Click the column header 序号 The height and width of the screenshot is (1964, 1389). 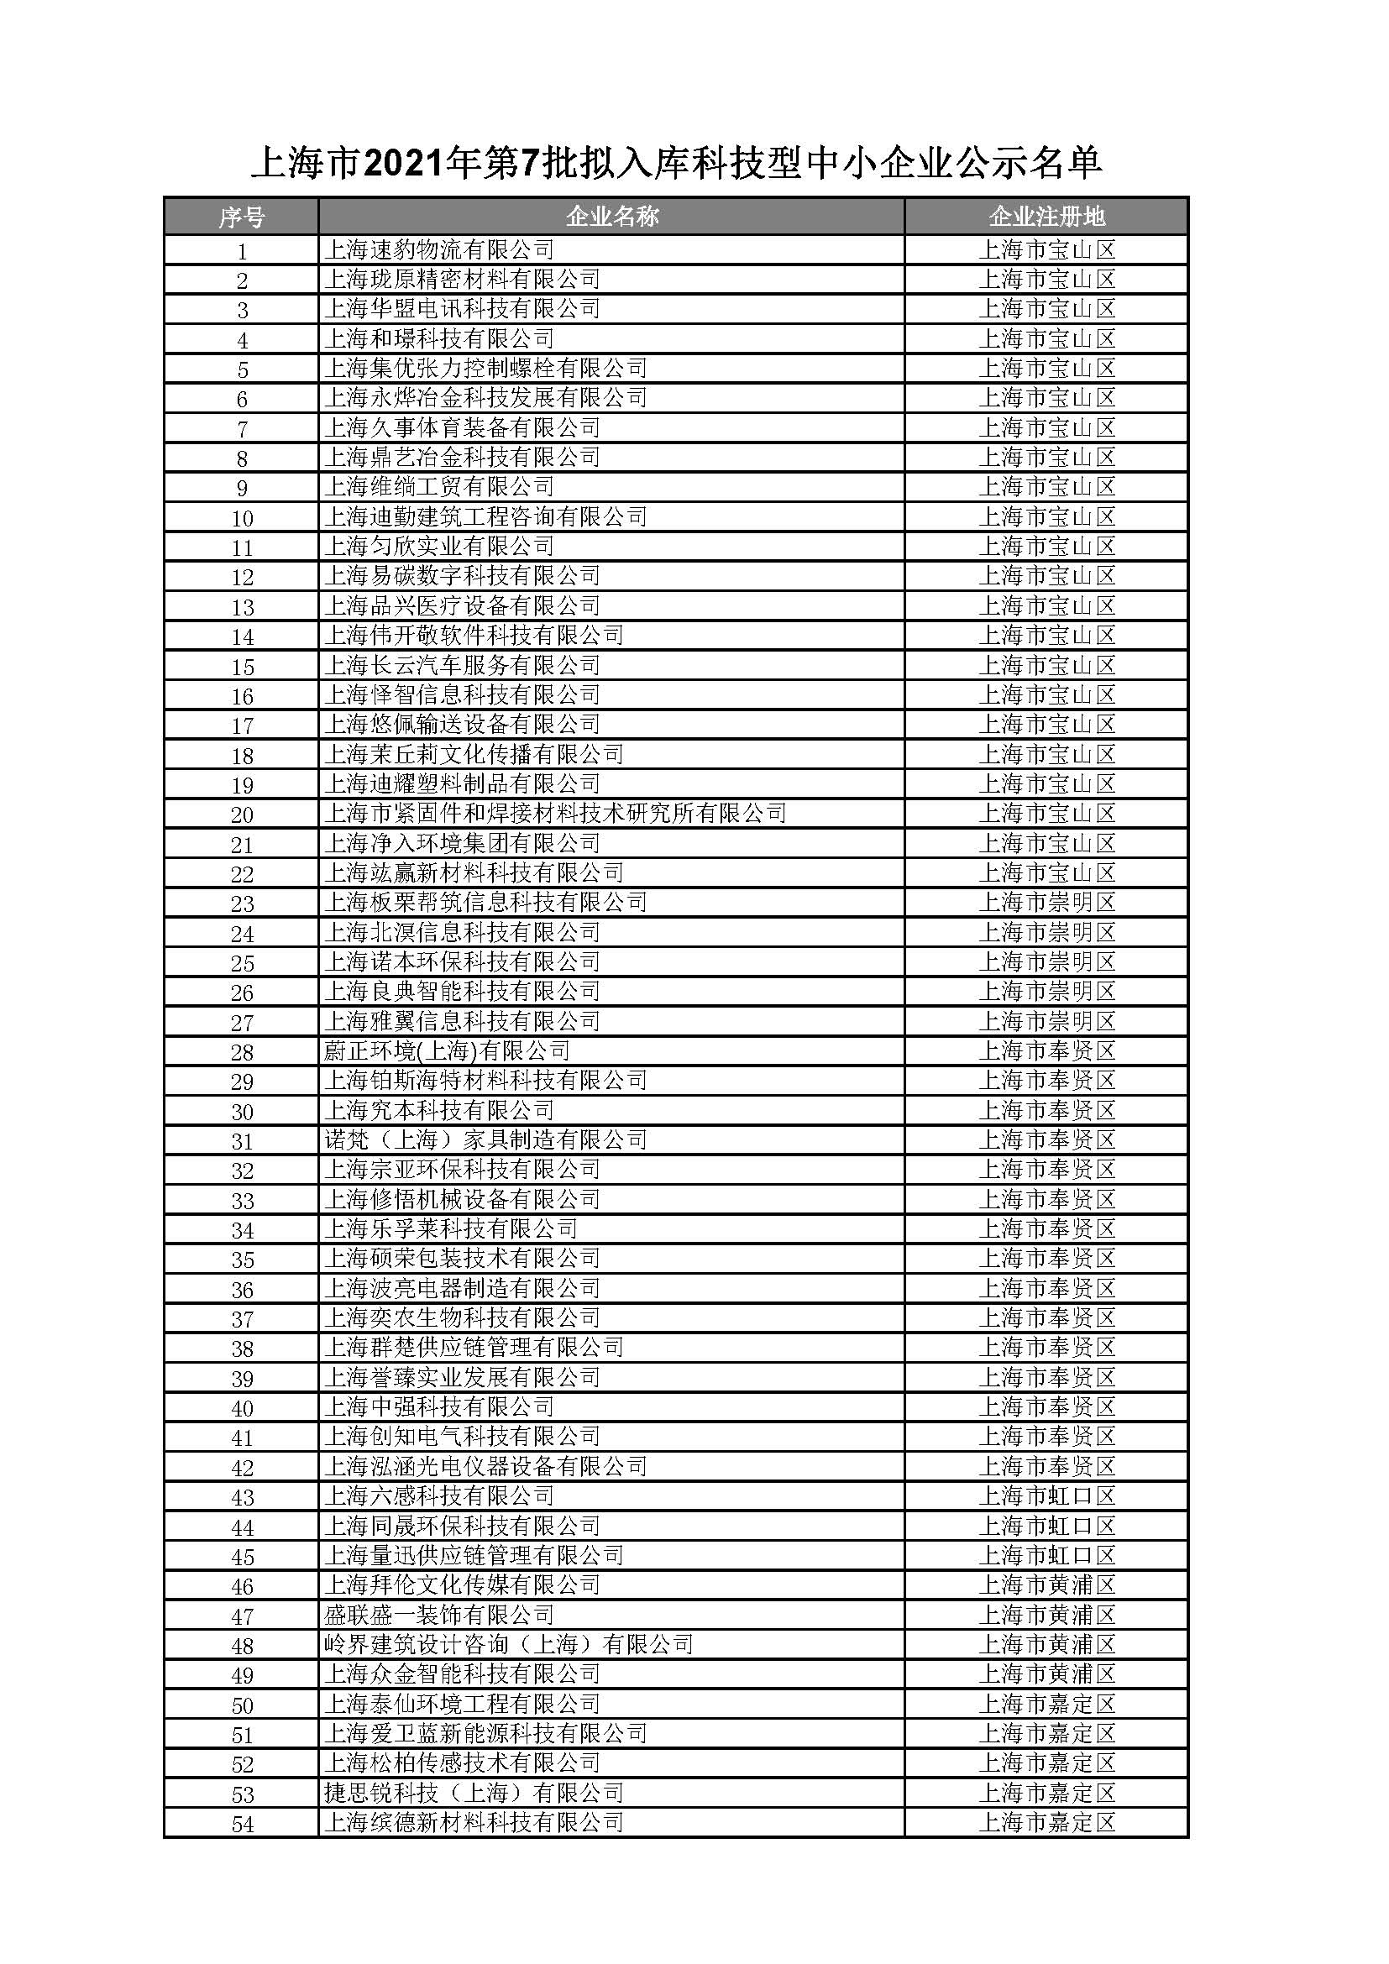coord(241,217)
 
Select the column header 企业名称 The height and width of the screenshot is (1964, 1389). coord(611,217)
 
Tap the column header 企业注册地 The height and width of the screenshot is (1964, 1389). coord(1047,217)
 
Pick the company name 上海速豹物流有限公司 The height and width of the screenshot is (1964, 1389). coord(438,249)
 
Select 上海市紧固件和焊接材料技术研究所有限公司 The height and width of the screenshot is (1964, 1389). coord(554,814)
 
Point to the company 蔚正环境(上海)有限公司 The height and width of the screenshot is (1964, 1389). coord(447,1051)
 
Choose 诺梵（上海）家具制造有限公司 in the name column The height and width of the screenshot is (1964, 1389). coord(485,1140)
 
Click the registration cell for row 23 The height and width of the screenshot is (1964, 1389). coord(1047,903)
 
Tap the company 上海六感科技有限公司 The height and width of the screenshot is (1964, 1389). coord(438,1496)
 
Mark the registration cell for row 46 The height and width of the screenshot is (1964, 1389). coord(1047,1585)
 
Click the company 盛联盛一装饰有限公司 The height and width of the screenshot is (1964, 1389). coord(438,1615)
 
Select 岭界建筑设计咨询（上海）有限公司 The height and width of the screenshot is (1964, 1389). coord(508,1645)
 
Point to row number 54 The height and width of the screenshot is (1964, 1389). coord(242,1825)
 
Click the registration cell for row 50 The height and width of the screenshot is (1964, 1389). coord(1047,1704)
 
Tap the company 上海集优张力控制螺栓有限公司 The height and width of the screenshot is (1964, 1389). coord(485,369)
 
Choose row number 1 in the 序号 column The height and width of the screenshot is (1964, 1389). coord(242,252)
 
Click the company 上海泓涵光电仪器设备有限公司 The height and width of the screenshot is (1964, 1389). coord(485,1467)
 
